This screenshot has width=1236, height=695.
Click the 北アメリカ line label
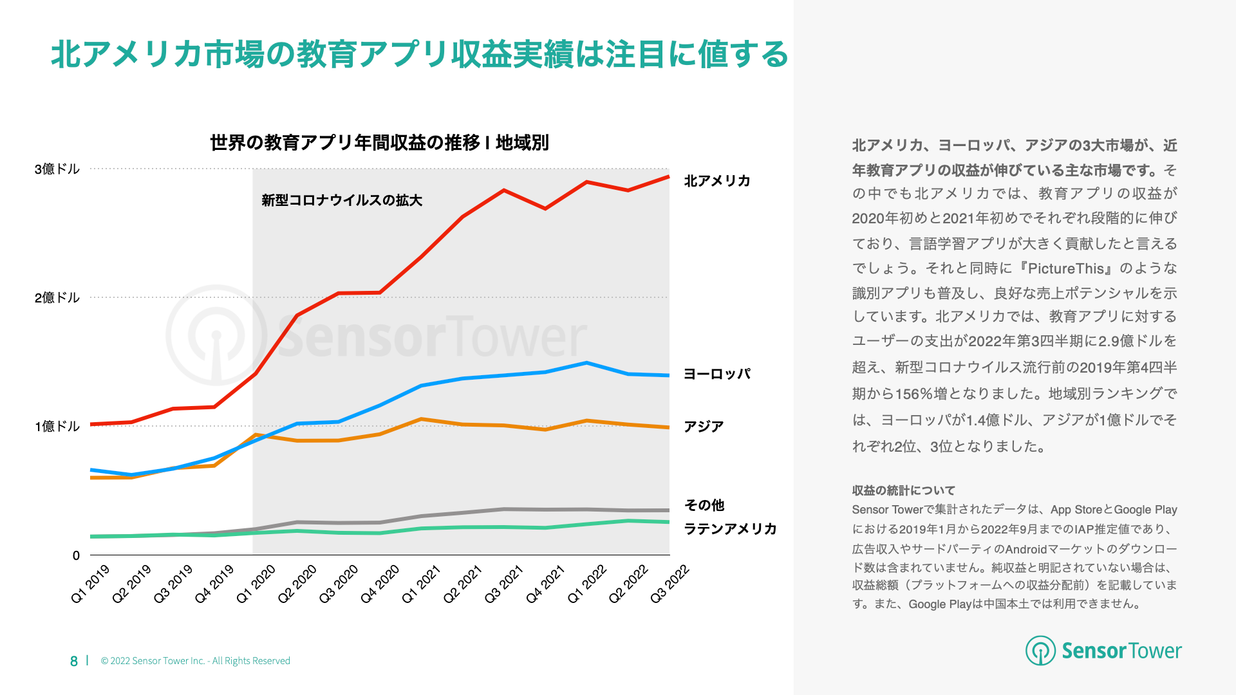717,181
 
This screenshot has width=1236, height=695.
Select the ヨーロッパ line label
717,374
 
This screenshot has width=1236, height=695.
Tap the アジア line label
704,427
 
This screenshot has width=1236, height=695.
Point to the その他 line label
704,505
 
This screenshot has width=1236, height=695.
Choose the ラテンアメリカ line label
730,529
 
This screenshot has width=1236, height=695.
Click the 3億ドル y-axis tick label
57,169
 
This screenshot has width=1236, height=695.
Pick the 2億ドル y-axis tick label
57,298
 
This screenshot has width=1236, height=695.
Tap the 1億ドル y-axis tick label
57,427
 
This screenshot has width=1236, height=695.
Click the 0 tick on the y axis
76,555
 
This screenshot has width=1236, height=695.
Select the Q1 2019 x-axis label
90,584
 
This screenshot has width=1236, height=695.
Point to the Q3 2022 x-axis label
669,584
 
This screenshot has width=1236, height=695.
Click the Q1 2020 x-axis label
256,584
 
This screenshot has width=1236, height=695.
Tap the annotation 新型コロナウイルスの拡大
342,200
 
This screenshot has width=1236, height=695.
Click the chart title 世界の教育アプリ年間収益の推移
379,142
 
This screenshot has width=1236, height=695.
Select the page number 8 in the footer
74,661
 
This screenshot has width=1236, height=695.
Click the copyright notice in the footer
196,661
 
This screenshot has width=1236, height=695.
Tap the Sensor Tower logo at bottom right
1103,651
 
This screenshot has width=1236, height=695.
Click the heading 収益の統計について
903,490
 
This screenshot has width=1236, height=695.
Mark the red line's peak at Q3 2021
504,190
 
